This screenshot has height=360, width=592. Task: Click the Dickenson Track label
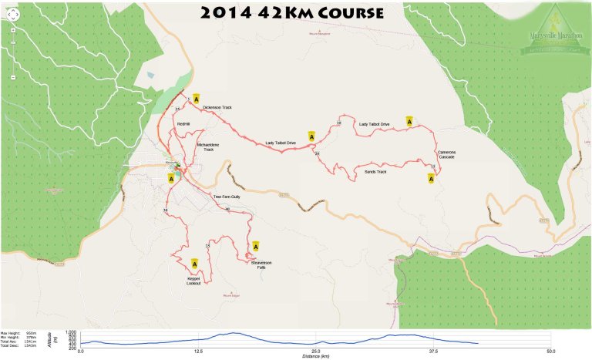pyautogui.click(x=217, y=107)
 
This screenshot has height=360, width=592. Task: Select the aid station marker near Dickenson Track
pyautogui.click(x=197, y=99)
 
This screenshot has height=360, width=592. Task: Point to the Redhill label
pyautogui.click(x=183, y=124)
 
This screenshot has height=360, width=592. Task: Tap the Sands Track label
pyautogui.click(x=375, y=171)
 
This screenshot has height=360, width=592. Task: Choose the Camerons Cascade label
pyautogui.click(x=446, y=154)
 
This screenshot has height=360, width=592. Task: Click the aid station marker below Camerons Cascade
pyautogui.click(x=431, y=179)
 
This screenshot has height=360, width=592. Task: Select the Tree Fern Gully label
pyautogui.click(x=227, y=197)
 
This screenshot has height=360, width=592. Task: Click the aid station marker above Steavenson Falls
pyautogui.click(x=255, y=247)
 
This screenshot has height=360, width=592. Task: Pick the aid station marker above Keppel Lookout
pyautogui.click(x=194, y=264)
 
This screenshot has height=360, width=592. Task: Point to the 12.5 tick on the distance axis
pyautogui.click(x=198, y=351)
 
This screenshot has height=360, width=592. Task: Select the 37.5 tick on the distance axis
pyautogui.click(x=433, y=351)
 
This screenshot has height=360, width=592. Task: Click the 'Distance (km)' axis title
pyautogui.click(x=315, y=357)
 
